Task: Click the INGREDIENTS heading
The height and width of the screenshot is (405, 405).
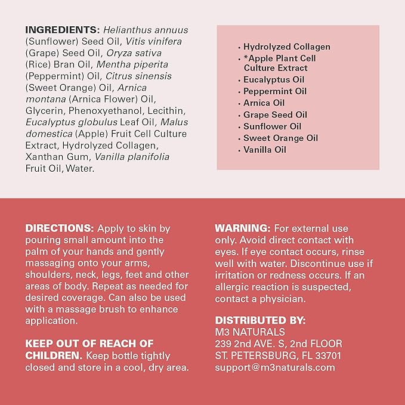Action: [x=62, y=30]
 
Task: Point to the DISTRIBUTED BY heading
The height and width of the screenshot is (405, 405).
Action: [x=260, y=320]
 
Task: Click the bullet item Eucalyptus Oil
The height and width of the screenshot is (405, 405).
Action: [x=274, y=80]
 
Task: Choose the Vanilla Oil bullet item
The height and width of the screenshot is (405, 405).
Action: [x=265, y=150]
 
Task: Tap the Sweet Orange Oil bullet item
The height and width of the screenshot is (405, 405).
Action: [x=280, y=138]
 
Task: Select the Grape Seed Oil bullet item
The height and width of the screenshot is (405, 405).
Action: [x=275, y=115]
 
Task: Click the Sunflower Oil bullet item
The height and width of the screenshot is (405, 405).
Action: [x=273, y=126]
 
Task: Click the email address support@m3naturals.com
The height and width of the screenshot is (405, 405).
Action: [x=275, y=367]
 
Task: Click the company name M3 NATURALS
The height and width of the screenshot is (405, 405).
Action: [x=250, y=332]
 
